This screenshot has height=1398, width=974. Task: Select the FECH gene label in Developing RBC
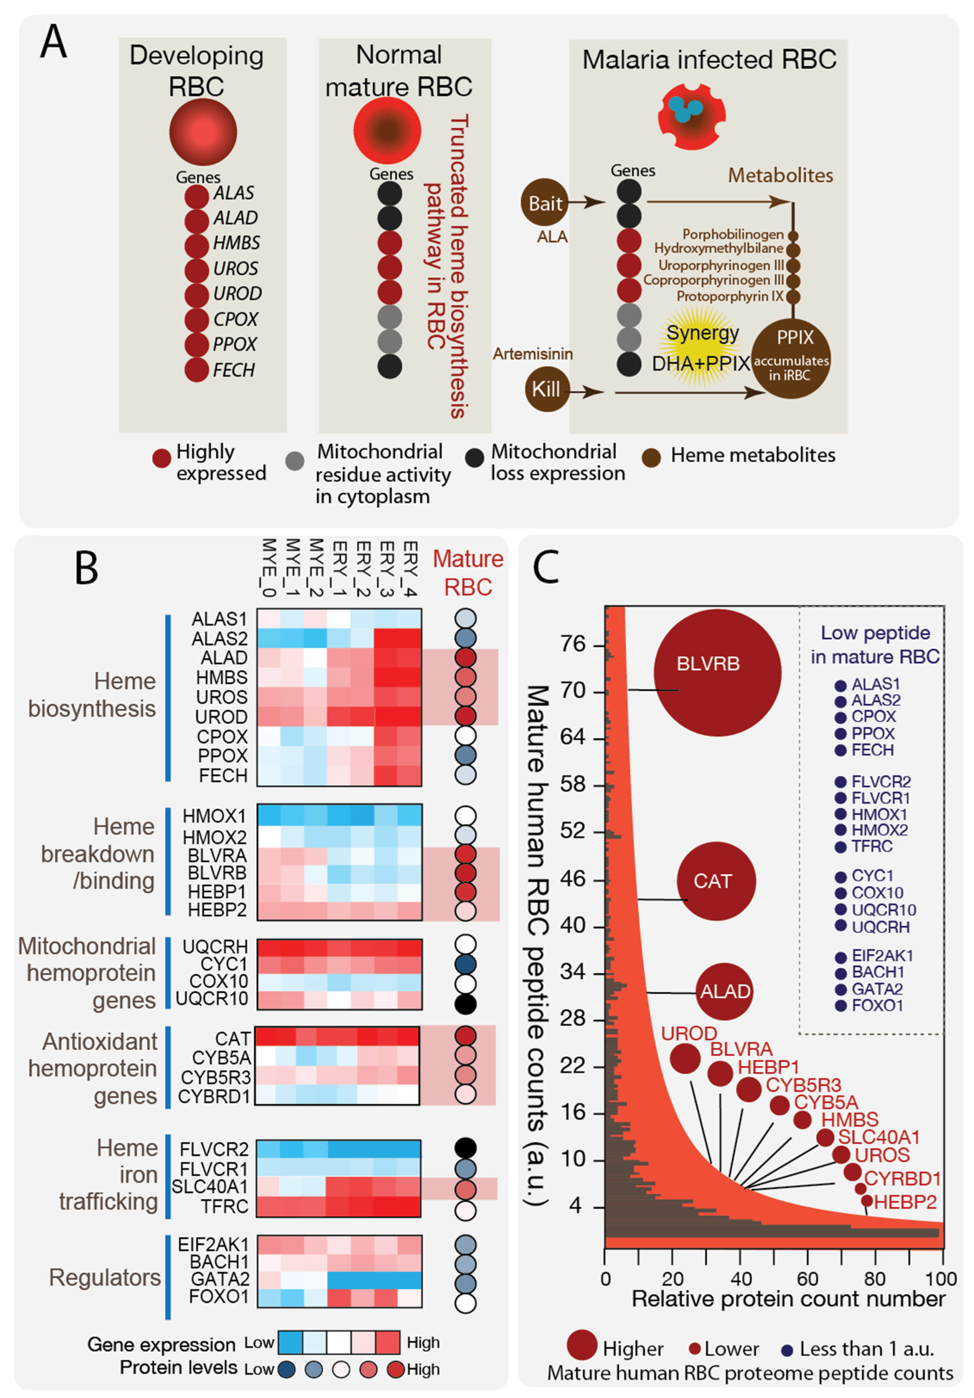(x=233, y=370)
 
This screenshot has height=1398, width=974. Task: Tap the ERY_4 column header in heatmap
(x=410, y=567)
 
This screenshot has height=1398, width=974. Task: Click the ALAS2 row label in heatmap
(x=219, y=638)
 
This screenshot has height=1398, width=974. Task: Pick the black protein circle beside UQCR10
(x=465, y=1004)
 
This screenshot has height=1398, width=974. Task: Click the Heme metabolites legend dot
(x=652, y=457)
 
